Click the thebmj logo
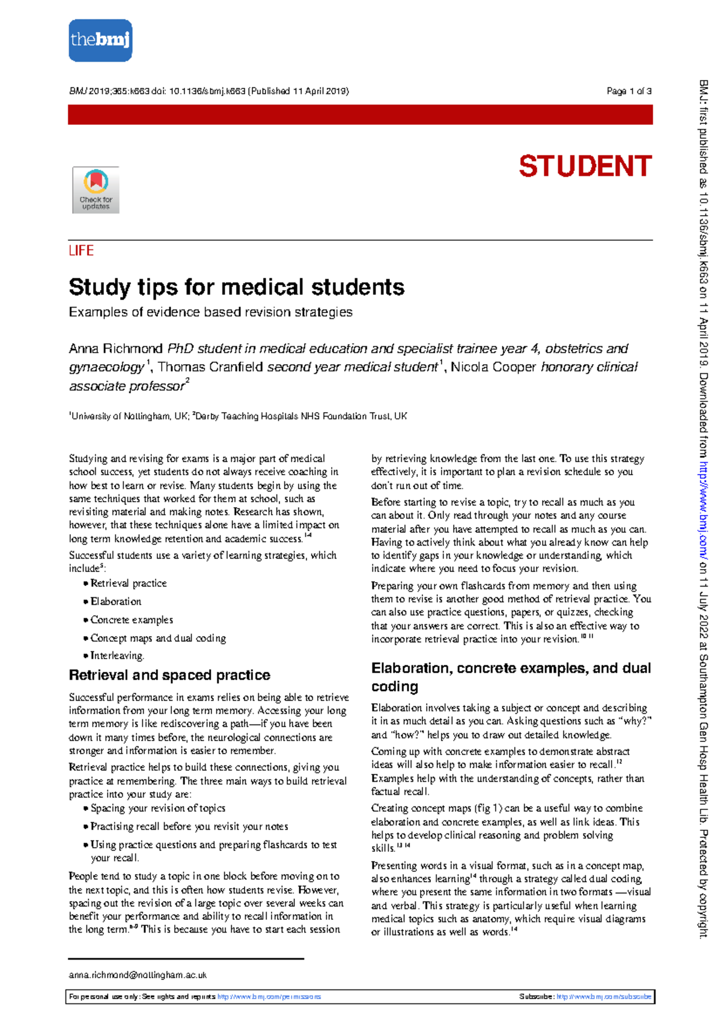point(100,40)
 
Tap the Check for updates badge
point(96,190)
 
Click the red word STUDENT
point(585,166)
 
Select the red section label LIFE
point(81,251)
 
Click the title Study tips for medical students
point(236,287)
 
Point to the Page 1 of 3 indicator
point(628,91)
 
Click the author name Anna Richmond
point(115,348)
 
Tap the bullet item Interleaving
point(117,656)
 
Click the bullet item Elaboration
point(116,601)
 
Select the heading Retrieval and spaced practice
point(169,675)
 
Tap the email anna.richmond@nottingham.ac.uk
point(138,975)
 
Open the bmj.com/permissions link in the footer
point(269,997)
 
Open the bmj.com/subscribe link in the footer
point(603,997)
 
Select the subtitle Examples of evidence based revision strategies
point(210,312)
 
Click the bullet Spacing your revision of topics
point(158,808)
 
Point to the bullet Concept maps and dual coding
point(158,638)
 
